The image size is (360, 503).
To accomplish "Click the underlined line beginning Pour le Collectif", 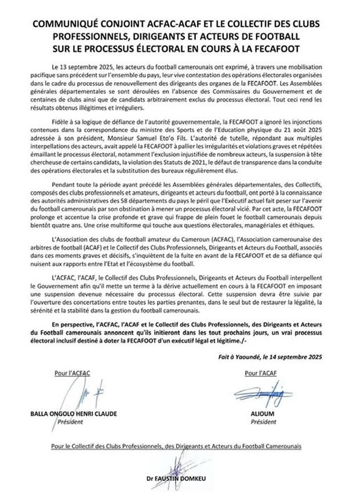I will tap(179, 446).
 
